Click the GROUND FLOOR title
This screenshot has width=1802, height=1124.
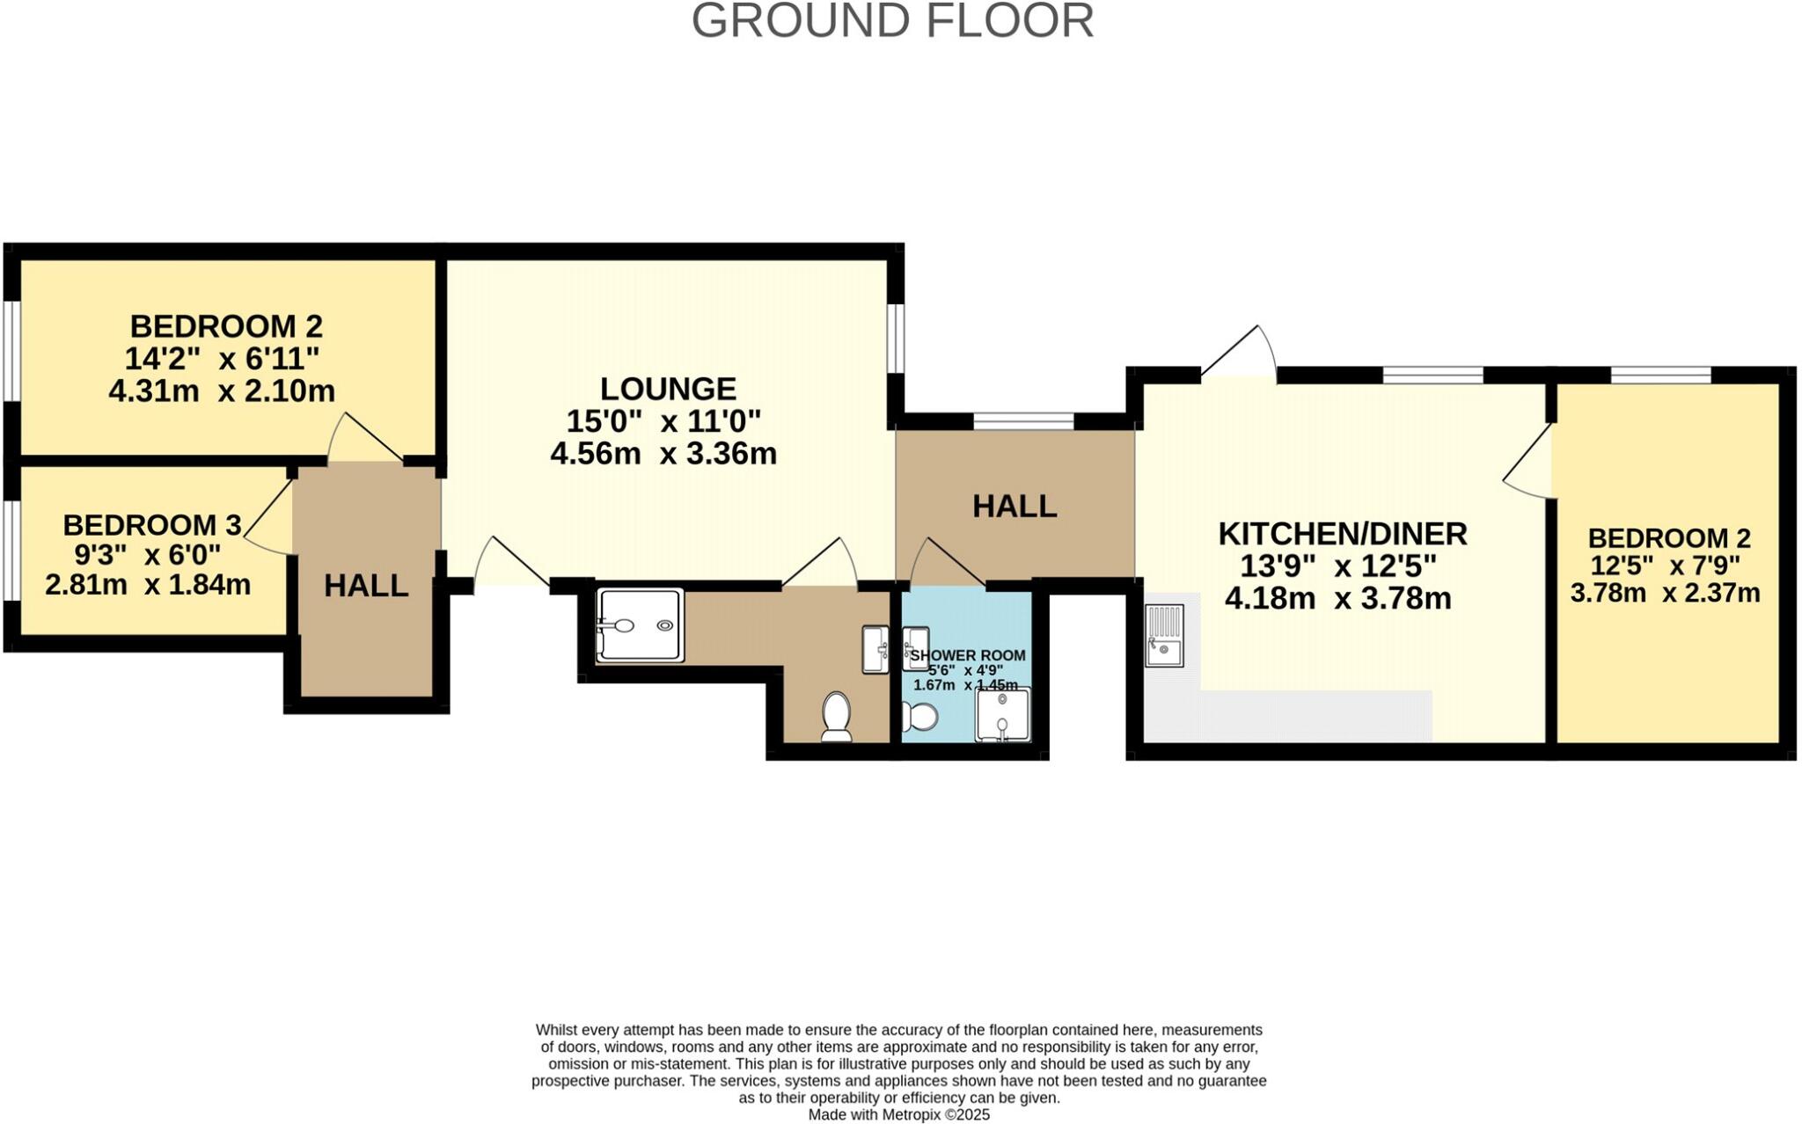click(x=892, y=21)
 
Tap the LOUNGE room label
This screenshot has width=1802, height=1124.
click(x=668, y=389)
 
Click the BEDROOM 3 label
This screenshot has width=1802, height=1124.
click(x=151, y=525)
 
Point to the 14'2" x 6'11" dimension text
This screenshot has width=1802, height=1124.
click(x=222, y=359)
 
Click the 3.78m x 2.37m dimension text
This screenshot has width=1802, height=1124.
click(x=1665, y=593)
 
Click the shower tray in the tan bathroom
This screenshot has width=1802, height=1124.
click(x=640, y=625)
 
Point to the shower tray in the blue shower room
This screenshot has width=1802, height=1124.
click(x=1002, y=715)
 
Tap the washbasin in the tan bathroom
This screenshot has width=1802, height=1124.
click(x=875, y=649)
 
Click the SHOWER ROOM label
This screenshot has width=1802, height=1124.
click(x=967, y=655)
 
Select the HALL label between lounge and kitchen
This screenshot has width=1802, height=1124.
click(x=1014, y=507)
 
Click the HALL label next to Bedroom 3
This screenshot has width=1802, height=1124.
click(x=366, y=586)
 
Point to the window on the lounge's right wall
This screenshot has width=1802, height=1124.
click(x=895, y=338)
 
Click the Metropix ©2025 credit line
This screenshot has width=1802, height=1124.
click(x=898, y=1115)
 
